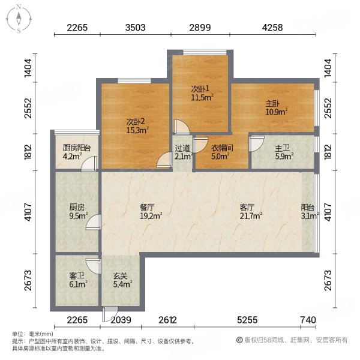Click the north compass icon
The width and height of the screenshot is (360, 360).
click(19, 18)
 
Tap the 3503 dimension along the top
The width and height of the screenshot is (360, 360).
click(136, 26)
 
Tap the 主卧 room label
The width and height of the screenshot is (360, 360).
click(273, 103)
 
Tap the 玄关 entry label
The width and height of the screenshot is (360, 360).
click(122, 277)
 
